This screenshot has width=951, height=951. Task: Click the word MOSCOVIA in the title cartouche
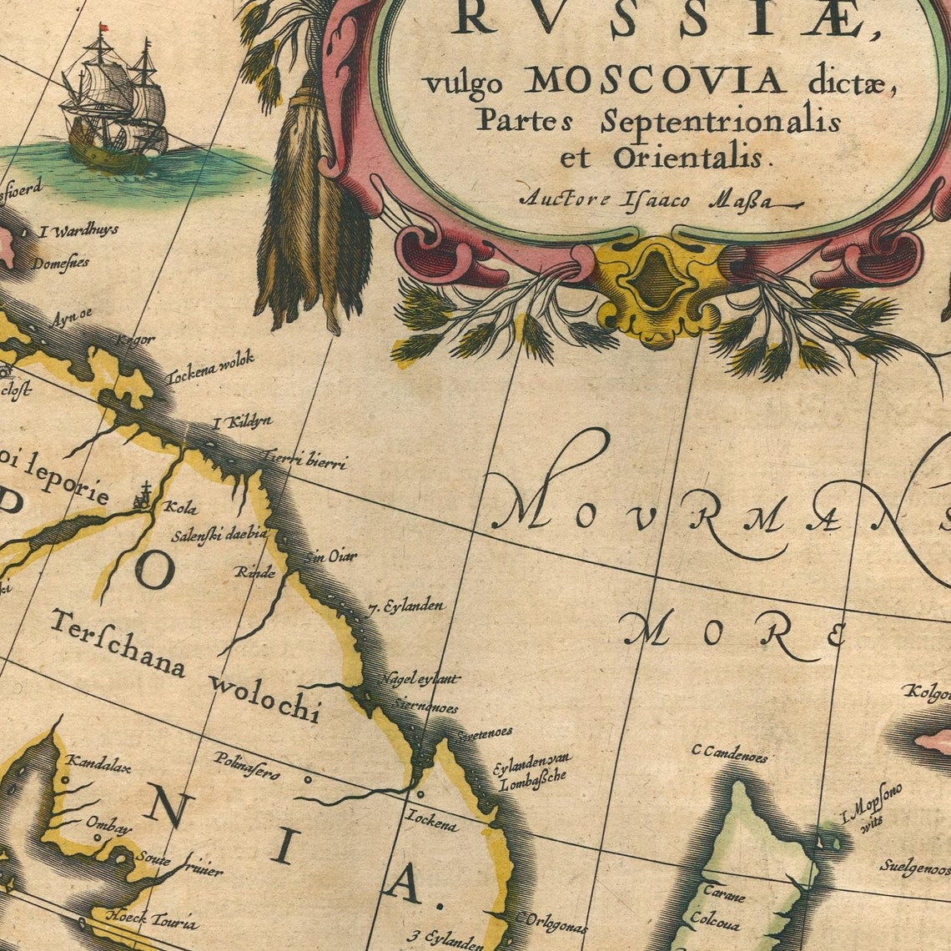pyautogui.click(x=655, y=81)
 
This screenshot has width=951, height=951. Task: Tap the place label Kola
pyautogui.click(x=181, y=507)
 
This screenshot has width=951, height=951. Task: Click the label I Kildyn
pyautogui.click(x=242, y=423)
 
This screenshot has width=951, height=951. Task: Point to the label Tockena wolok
pyautogui.click(x=210, y=368)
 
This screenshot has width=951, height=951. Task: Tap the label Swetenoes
pyautogui.click(x=484, y=734)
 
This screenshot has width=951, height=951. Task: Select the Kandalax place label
pyautogui.click(x=98, y=762)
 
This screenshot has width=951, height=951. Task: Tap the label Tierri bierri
pyautogui.click(x=304, y=459)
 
